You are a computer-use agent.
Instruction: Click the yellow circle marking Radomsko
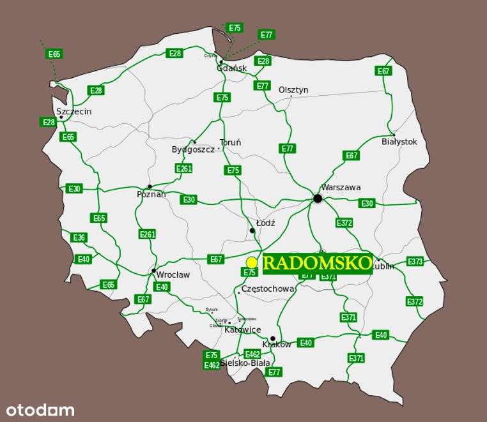click(x=252, y=262)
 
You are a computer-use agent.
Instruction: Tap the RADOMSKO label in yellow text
click(x=318, y=262)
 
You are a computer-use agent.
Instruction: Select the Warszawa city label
click(x=341, y=188)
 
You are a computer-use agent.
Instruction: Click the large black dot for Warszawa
click(x=318, y=199)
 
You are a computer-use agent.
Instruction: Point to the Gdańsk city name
click(x=231, y=68)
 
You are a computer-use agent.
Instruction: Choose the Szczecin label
click(x=74, y=112)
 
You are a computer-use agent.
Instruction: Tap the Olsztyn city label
click(x=293, y=90)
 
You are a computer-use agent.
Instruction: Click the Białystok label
click(x=399, y=142)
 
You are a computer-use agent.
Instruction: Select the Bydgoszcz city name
click(x=193, y=149)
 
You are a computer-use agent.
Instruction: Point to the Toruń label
click(x=230, y=143)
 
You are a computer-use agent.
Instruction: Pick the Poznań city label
click(x=151, y=194)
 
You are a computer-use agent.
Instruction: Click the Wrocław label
click(x=173, y=275)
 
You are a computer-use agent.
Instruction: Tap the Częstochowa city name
click(x=268, y=289)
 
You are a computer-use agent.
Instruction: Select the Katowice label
click(x=242, y=330)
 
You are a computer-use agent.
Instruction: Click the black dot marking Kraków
click(x=273, y=338)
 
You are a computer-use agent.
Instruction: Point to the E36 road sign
click(x=79, y=237)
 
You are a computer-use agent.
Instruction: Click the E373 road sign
click(x=415, y=261)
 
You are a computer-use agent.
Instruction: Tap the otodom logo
click(x=40, y=410)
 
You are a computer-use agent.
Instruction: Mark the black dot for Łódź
click(x=252, y=231)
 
